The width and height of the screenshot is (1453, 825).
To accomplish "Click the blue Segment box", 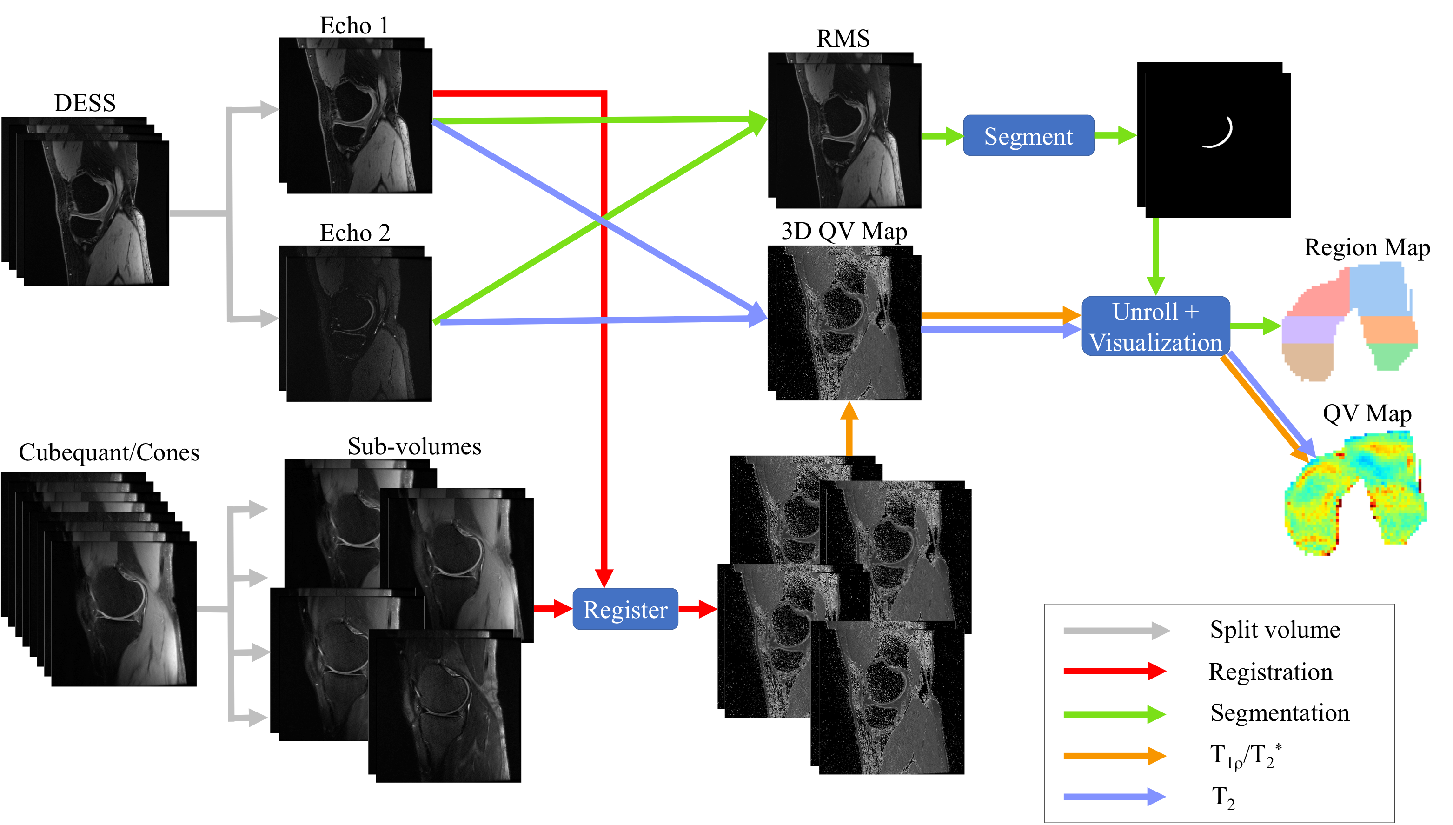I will (1028, 136).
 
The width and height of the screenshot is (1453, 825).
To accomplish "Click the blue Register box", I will (625, 609).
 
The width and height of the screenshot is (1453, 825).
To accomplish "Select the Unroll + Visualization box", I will (1155, 326).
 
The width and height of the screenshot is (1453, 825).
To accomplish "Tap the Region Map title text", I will (1367, 247).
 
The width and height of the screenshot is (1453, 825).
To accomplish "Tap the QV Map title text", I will (1367, 413).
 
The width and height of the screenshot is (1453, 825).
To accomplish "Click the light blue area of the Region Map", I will (1377, 289).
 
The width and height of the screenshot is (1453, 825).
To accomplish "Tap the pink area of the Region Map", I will (1320, 300).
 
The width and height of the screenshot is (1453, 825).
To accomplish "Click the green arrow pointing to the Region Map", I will (1255, 326).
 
